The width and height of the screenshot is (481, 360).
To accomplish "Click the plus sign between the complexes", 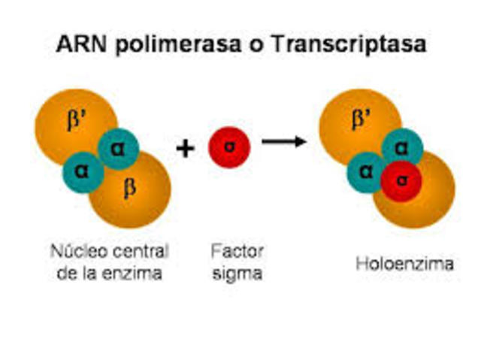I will [x=185, y=148].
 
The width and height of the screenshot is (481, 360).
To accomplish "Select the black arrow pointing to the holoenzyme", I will [x=284, y=141].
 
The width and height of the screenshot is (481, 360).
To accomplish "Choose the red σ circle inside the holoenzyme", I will [x=401, y=181].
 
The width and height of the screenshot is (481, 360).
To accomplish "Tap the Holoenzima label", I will [x=404, y=265].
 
